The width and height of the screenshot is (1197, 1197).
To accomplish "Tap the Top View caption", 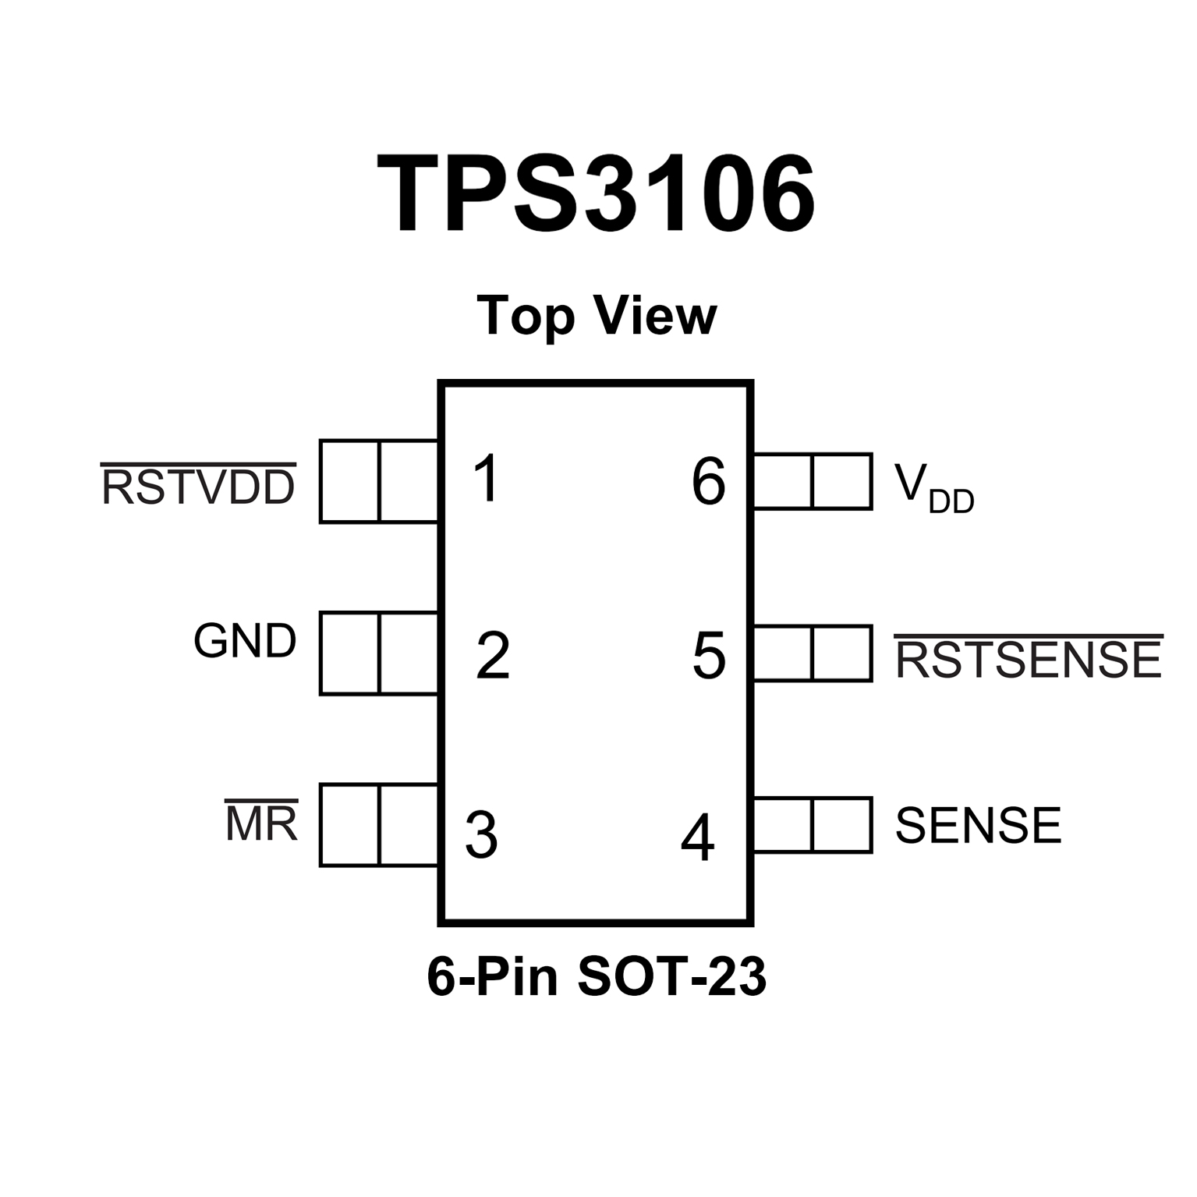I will pyautogui.click(x=597, y=317).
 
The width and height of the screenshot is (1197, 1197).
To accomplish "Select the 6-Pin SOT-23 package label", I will pyautogui.click(x=597, y=976).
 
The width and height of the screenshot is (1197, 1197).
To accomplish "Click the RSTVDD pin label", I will pyautogui.click(x=199, y=487).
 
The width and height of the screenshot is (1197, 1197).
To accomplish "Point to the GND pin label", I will pyautogui.click(x=245, y=642).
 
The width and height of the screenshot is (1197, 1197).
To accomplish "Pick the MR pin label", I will pyautogui.click(x=261, y=823).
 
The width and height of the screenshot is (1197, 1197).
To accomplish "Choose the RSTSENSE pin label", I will pyautogui.click(x=1029, y=659).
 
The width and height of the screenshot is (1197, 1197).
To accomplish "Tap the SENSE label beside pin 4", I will pyautogui.click(x=978, y=825).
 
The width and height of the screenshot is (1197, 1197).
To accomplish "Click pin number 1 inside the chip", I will pyautogui.click(x=487, y=479).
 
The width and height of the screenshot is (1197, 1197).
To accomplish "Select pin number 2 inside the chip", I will pyautogui.click(x=493, y=655).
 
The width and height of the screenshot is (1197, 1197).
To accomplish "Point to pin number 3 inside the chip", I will pyautogui.click(x=481, y=834).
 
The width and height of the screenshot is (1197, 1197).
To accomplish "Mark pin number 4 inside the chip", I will pyautogui.click(x=697, y=838).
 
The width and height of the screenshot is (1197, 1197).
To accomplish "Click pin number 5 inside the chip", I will pyautogui.click(x=709, y=656).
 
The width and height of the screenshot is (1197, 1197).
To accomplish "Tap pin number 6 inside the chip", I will pyautogui.click(x=709, y=482).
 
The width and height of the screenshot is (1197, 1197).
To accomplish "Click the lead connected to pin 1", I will pyautogui.click(x=379, y=481).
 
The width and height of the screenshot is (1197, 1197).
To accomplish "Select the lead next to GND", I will pyautogui.click(x=379, y=653).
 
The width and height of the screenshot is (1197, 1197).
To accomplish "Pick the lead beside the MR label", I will pyautogui.click(x=379, y=825).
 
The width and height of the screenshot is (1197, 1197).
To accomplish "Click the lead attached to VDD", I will pyautogui.click(x=812, y=481).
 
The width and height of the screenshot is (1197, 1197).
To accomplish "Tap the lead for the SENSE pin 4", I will pyautogui.click(x=812, y=825).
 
